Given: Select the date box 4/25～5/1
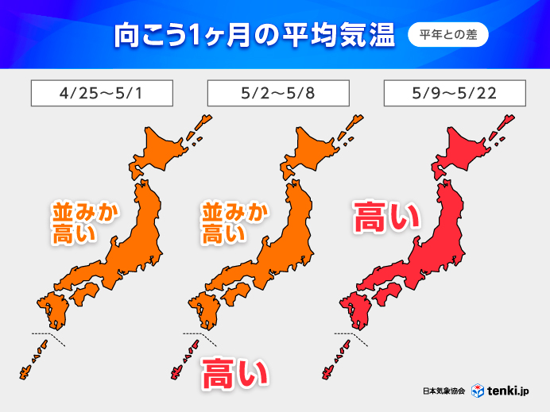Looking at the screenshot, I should pos(102,93).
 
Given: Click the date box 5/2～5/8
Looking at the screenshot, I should pos(277,93).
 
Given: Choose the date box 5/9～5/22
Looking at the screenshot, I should pos(454,93).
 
